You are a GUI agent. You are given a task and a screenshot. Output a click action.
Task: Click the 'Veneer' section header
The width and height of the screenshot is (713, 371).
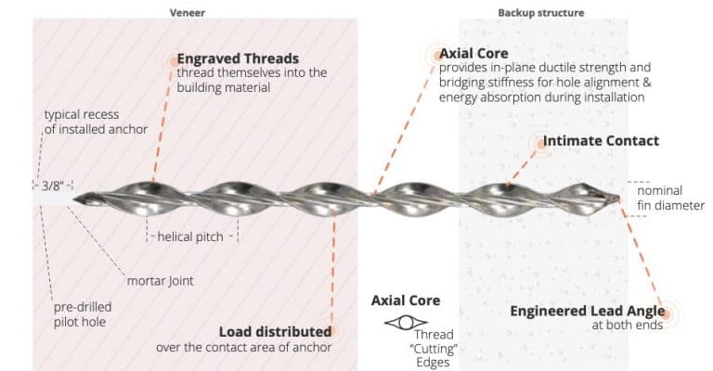tap(188, 13)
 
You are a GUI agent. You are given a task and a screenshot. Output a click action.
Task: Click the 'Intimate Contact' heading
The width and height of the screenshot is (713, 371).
tap(601, 141)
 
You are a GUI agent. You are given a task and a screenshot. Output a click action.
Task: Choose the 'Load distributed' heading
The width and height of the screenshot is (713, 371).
tap(275, 331)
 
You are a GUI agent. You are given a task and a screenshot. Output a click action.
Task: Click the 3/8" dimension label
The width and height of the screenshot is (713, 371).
tap(51, 185)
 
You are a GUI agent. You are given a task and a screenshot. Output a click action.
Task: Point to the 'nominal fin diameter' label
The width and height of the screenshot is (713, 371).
tap(670, 198)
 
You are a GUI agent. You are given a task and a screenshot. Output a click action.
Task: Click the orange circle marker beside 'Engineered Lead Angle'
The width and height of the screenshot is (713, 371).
tap(668, 312)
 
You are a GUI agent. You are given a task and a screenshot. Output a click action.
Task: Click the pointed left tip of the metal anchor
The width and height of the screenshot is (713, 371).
tap(76, 197)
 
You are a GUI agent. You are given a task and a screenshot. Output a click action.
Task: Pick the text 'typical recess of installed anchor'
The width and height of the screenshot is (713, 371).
tap(95, 122)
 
